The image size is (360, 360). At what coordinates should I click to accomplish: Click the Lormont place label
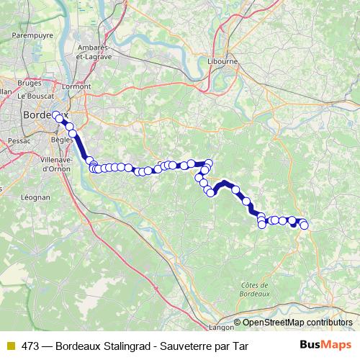pyautogui.click(x=76, y=87)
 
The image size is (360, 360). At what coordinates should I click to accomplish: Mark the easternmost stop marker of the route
pyautogui.click(x=304, y=225)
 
